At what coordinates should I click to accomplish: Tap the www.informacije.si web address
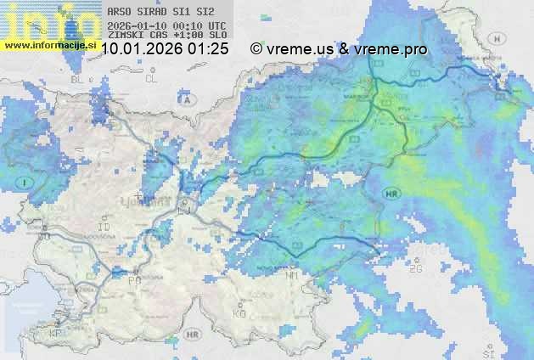[49, 44]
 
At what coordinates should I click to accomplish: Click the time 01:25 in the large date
[208, 49]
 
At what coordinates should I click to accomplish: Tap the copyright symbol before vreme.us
[256, 49]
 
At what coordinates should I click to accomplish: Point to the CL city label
[151, 79]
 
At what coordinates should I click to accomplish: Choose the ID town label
[104, 228]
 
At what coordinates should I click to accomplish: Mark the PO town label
[134, 279]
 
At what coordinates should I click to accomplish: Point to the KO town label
[239, 313]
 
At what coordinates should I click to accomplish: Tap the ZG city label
[416, 268]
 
